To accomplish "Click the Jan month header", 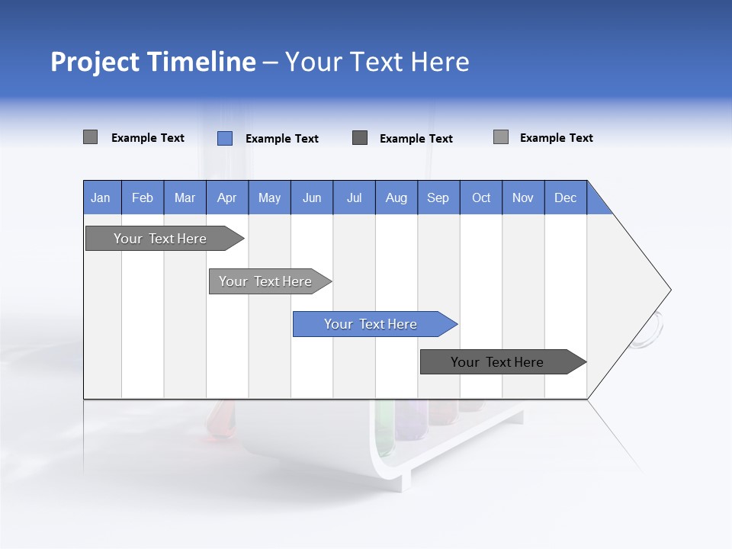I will (101, 197).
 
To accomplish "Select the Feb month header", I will (143, 197).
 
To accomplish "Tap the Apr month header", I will (227, 197).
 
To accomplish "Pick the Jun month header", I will (312, 197).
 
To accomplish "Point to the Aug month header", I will (396, 197).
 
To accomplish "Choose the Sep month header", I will (438, 197).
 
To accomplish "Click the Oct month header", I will (481, 197).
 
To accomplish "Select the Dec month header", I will (566, 197).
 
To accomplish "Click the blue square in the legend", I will (225, 138).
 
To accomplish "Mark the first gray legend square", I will (90, 137).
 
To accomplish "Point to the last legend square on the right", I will (501, 137).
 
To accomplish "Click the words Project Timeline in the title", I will (152, 62).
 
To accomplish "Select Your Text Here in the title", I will (377, 62).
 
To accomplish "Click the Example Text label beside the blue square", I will (282, 139).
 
